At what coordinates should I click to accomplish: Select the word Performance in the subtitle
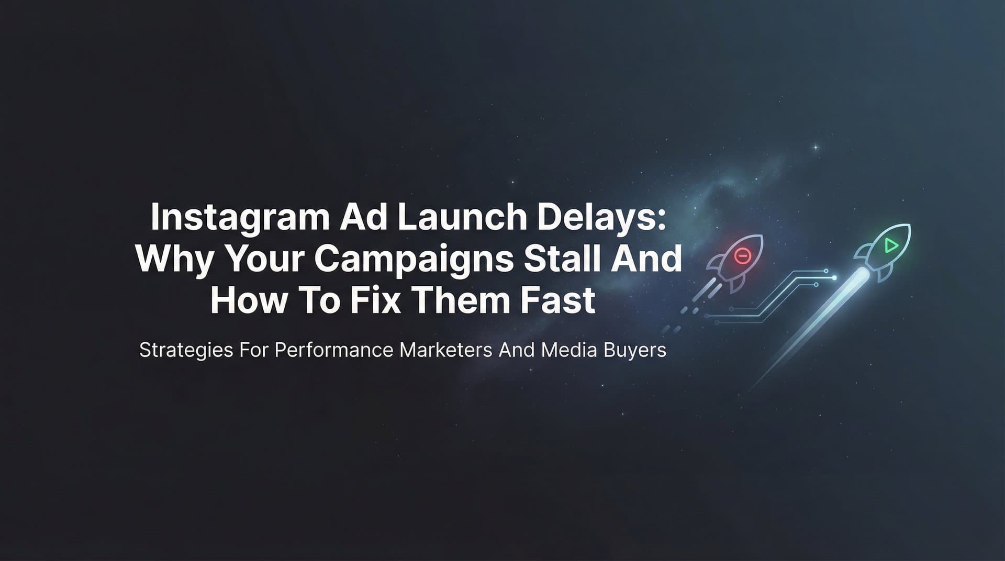click(334, 350)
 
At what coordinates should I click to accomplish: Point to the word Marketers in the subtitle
click(446, 350)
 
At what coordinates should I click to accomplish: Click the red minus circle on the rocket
click(742, 255)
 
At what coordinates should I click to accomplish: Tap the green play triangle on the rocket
click(890, 245)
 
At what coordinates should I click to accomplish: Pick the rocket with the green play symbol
click(884, 251)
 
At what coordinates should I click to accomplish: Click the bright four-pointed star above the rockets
click(815, 148)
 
